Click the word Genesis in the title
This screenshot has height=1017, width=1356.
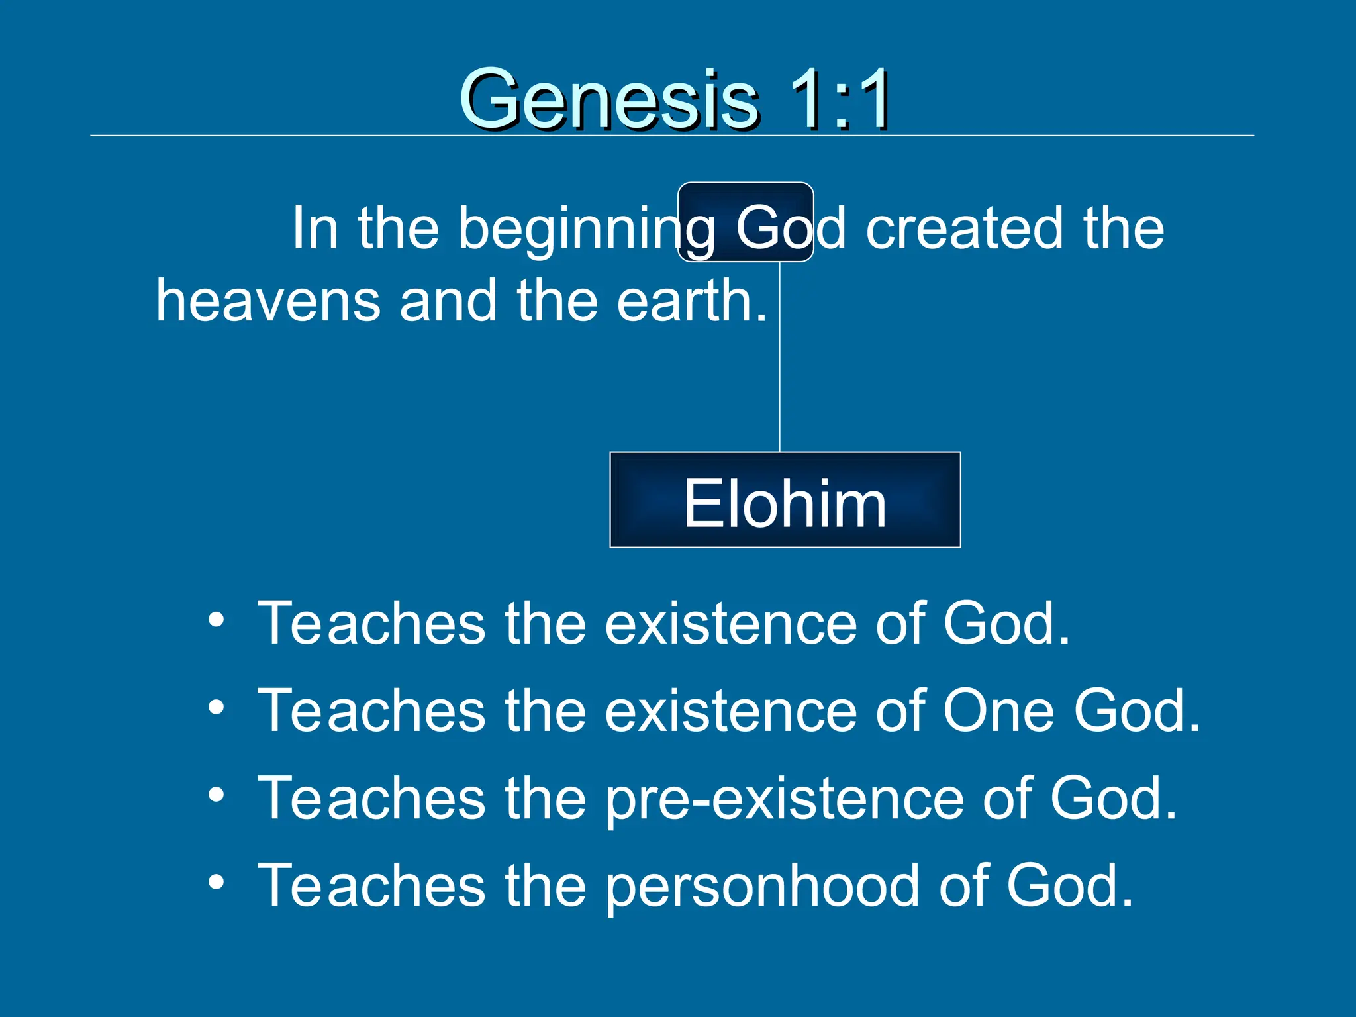[609, 99]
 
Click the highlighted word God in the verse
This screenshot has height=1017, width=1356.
[768, 227]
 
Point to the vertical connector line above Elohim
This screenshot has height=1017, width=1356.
[779, 358]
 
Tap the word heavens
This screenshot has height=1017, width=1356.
[268, 300]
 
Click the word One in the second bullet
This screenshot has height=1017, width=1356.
[997, 710]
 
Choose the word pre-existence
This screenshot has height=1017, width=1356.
[784, 799]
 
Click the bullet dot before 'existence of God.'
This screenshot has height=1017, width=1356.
[216, 621]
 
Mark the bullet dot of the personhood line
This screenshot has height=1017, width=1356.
[216, 882]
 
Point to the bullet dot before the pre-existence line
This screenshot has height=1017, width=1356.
[216, 795]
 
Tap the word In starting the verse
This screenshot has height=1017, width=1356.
[315, 227]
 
